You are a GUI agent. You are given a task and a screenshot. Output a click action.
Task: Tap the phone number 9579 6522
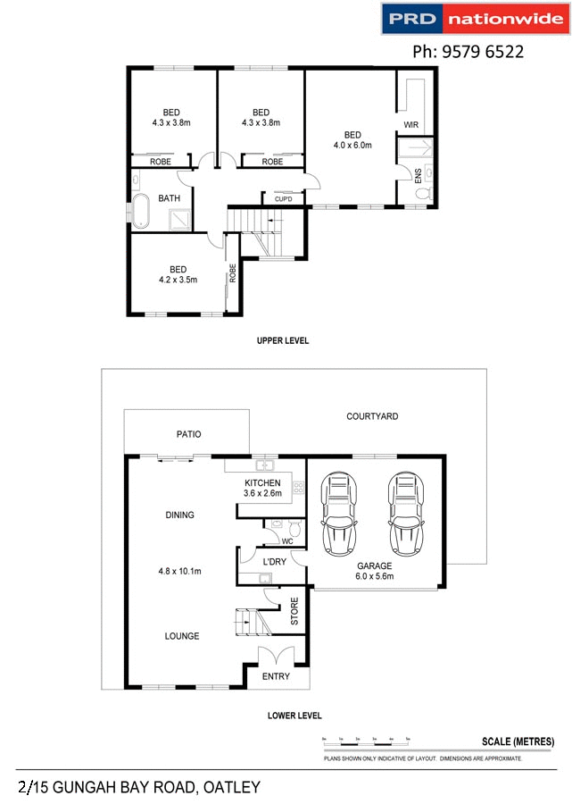point(467,53)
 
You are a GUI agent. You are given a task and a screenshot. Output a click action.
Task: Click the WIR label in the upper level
point(411,123)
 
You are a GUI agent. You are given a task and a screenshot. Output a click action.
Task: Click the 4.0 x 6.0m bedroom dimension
point(352,145)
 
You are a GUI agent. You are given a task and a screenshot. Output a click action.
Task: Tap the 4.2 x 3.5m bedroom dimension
point(178,280)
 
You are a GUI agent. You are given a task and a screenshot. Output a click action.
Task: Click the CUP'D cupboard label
point(283,198)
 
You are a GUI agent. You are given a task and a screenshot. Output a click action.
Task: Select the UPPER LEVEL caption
point(282,340)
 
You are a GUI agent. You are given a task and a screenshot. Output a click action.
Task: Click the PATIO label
point(188,434)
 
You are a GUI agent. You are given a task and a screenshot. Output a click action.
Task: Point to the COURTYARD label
point(372,416)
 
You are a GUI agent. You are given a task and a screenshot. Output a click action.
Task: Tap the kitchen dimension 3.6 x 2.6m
point(262,493)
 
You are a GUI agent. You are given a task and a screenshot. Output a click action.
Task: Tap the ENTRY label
point(276,676)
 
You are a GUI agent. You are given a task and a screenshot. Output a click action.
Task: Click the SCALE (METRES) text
point(518,741)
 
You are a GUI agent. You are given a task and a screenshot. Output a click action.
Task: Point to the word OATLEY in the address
point(232,787)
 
